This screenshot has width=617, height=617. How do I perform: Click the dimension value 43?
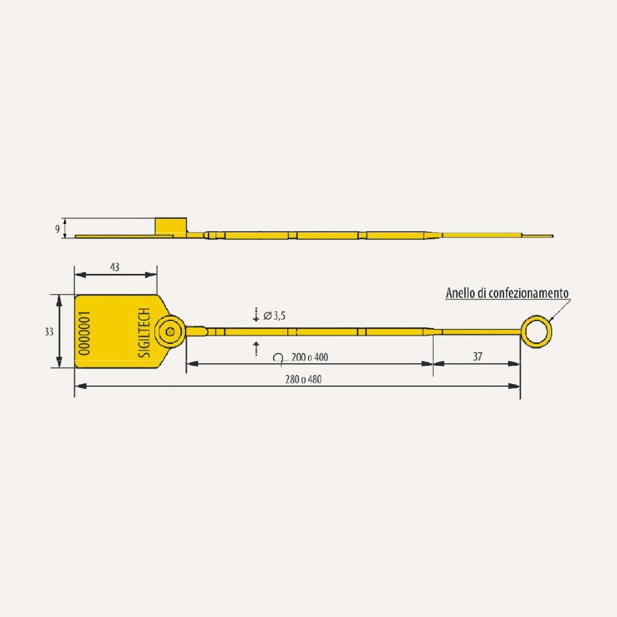pos(114,267)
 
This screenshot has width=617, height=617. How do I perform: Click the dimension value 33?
pos(49,332)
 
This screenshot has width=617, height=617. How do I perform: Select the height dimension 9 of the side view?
pos(57,229)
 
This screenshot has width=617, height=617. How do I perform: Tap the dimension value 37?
pos(477,357)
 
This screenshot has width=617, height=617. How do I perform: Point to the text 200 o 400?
pos(310,357)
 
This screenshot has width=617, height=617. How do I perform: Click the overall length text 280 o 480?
pos(304,380)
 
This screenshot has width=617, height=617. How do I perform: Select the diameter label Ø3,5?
pos(274,316)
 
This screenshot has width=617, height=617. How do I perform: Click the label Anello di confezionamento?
pos(507,293)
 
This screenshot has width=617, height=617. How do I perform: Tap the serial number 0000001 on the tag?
pos(84,333)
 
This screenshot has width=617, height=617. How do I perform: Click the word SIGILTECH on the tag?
pos(145,333)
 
